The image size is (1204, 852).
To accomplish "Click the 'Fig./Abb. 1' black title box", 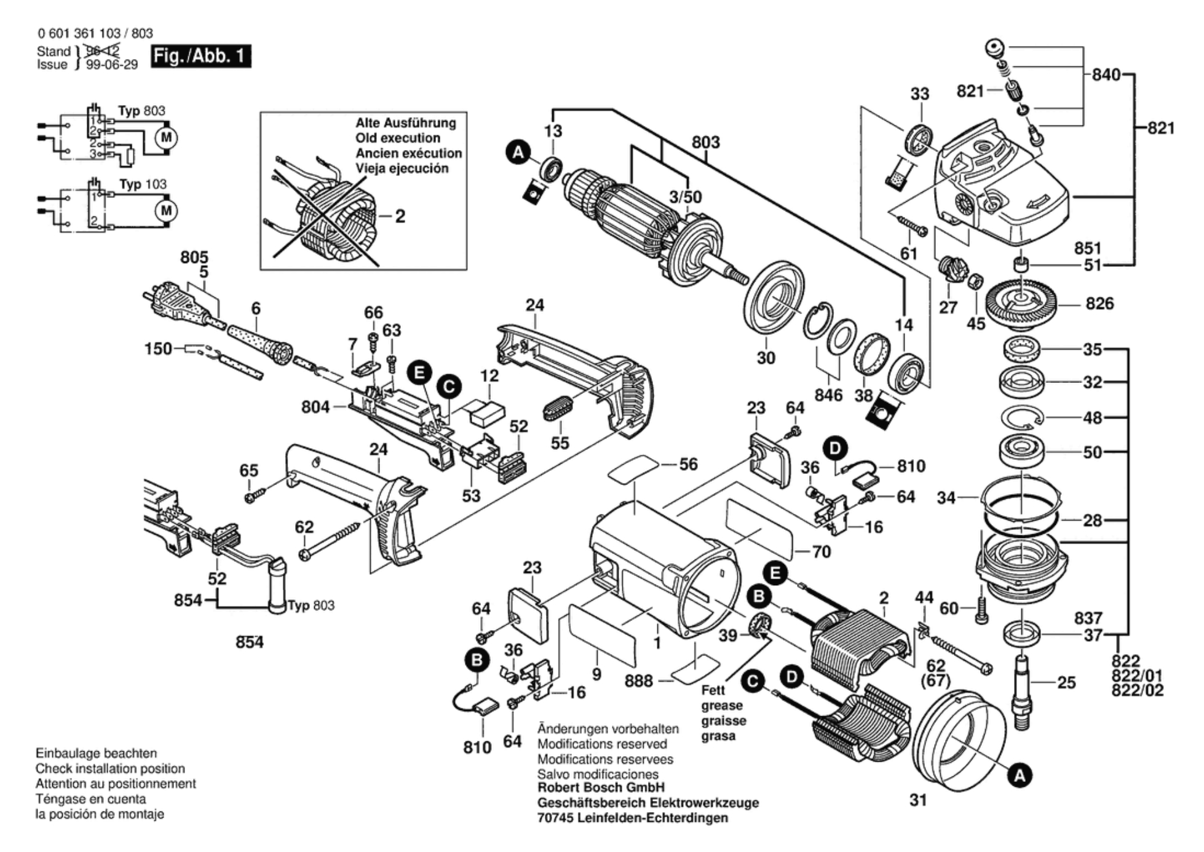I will point(200,56).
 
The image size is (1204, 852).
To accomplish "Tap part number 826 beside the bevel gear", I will point(1099,304).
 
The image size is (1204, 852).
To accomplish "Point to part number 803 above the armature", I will point(705,142).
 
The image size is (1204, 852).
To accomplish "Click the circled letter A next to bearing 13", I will point(518,152).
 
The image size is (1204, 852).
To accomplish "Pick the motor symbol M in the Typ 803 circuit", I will point(165,137).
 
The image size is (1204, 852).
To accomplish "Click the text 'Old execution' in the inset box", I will point(397,138).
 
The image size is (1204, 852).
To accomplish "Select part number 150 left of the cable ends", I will point(158,349).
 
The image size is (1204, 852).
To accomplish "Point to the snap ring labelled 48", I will point(1021,418).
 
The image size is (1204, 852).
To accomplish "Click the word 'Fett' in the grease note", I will point(713,690).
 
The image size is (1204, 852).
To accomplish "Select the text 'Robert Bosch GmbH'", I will point(601,787).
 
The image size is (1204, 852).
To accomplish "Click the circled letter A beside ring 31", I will point(1020,776).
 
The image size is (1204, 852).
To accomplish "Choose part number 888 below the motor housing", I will point(638,681).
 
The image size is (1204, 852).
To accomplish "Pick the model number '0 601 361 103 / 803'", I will point(95,33).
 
